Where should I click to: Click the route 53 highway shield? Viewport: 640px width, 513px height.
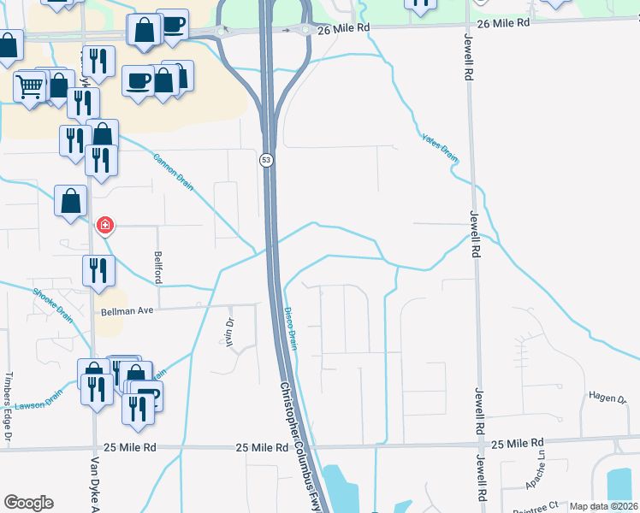[x=267, y=160]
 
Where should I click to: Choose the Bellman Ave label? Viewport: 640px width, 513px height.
[x=126, y=311]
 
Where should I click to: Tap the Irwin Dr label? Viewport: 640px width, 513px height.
[x=229, y=330]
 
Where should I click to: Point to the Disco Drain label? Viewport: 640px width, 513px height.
[x=291, y=329]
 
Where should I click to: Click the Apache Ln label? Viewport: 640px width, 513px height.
[x=542, y=469]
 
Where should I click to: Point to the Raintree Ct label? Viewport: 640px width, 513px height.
[x=542, y=505]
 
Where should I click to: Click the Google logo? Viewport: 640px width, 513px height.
[x=28, y=503]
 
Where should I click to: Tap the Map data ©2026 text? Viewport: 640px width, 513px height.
[x=603, y=506]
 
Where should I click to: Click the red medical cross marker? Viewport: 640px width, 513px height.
[x=104, y=225]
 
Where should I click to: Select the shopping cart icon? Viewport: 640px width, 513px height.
[x=30, y=85]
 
